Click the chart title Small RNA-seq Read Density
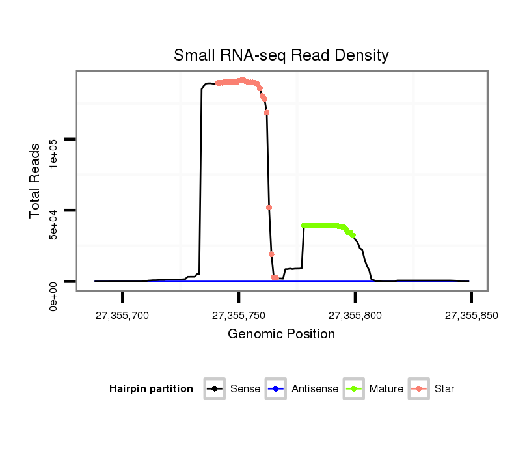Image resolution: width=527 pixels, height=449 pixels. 281,55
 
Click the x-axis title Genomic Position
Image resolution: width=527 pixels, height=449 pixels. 281,334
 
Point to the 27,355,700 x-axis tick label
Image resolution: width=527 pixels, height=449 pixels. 122,316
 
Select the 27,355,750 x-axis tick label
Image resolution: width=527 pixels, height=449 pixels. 239,316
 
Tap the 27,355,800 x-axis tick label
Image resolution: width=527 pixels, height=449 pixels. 355,316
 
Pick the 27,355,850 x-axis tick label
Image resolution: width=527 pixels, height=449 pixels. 471,316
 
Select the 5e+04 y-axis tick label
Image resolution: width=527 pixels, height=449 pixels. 55,224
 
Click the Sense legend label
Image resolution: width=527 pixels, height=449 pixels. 245,389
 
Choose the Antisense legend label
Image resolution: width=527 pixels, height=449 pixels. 315,389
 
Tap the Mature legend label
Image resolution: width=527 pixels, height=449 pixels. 386,389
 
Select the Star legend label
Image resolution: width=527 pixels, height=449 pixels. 444,389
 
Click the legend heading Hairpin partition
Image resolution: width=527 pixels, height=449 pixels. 151,389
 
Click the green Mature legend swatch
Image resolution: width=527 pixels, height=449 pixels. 355,389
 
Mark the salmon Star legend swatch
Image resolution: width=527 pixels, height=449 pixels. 420,389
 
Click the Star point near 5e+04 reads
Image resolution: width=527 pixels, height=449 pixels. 269,208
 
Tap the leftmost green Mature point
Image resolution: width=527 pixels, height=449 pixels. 304,226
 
